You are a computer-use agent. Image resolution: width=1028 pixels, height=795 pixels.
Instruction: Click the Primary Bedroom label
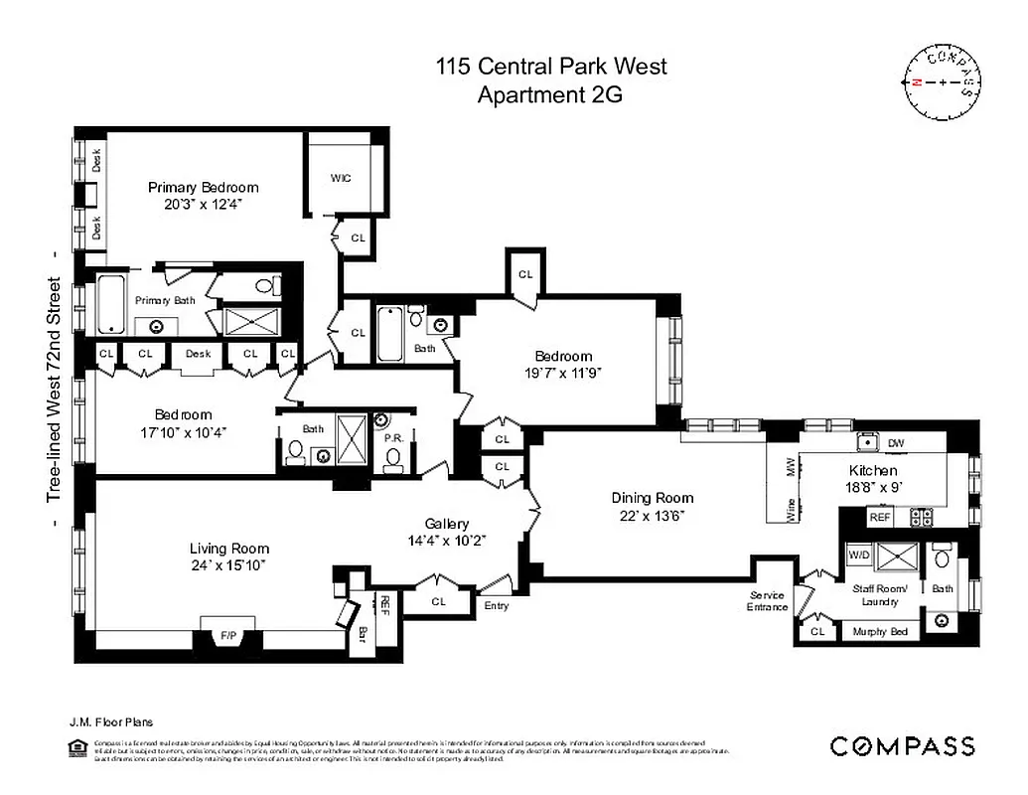point(203,187)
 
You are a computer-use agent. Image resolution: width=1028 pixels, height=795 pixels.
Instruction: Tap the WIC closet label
point(341,179)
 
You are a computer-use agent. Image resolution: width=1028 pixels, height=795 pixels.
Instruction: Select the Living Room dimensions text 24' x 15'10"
point(229,564)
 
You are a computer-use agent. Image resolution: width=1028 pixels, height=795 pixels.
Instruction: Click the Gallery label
point(447,524)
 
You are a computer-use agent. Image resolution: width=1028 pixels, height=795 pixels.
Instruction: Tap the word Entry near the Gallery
point(496,605)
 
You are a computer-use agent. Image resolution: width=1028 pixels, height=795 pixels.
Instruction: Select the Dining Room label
point(652,498)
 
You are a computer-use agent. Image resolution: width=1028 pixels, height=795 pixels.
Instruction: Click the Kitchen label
point(873,470)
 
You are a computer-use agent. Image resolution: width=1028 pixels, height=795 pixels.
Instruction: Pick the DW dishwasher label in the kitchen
point(895,443)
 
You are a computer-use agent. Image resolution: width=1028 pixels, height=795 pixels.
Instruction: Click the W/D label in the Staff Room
point(856,554)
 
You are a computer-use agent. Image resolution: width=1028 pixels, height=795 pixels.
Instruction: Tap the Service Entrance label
point(767,601)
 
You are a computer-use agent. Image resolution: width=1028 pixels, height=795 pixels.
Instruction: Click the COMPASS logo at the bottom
point(902,746)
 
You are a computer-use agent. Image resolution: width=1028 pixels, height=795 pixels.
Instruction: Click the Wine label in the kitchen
point(792,510)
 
